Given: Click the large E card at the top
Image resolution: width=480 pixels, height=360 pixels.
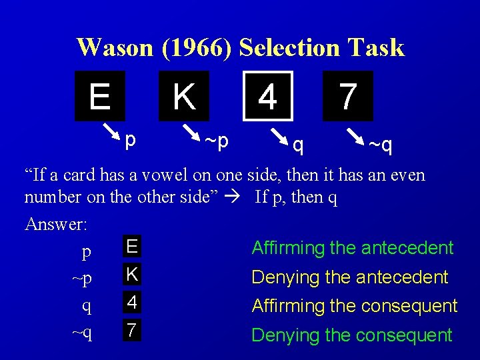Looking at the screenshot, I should point(100,96).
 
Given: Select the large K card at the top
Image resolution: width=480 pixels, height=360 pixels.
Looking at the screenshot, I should point(184,96).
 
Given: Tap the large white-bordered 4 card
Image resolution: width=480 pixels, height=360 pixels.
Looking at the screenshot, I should point(267,96).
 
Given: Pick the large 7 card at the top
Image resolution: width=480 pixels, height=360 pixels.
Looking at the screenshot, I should point(347,96).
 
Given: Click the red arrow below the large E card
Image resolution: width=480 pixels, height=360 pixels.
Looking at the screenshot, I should point(111,130).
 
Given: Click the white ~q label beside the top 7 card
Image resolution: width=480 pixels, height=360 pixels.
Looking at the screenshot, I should point(381,145).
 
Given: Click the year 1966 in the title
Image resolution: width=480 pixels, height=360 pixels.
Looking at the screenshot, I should point(201,47).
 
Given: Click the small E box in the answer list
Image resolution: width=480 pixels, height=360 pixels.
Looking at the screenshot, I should point(132,247).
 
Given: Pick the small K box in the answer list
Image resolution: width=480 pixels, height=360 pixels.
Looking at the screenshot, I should point(132,274).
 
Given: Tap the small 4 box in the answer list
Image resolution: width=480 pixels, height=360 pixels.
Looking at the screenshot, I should point(132,302).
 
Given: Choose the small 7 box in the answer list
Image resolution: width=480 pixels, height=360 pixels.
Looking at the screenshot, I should point(132,329).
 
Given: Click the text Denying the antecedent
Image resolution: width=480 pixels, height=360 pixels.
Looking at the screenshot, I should point(349,277).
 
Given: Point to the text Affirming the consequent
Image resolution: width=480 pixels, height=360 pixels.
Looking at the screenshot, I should point(354,306).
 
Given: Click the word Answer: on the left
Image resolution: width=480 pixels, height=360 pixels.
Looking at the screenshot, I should point(56,224).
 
